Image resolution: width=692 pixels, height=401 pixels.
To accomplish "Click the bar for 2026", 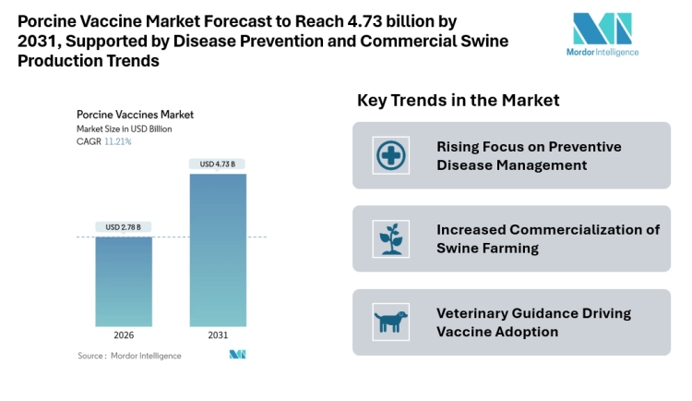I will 124,281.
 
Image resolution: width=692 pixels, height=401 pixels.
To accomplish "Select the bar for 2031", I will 218,249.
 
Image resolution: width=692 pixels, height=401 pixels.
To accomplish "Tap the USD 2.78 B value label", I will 124,227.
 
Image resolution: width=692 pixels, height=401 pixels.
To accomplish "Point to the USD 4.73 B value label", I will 218,164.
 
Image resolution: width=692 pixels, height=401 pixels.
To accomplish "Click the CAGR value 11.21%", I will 117,141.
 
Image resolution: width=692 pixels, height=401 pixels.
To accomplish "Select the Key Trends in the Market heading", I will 458,100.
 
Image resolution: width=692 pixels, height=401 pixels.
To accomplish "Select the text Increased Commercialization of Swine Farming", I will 548,238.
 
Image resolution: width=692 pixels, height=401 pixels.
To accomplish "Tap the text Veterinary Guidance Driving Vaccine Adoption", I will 533,322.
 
